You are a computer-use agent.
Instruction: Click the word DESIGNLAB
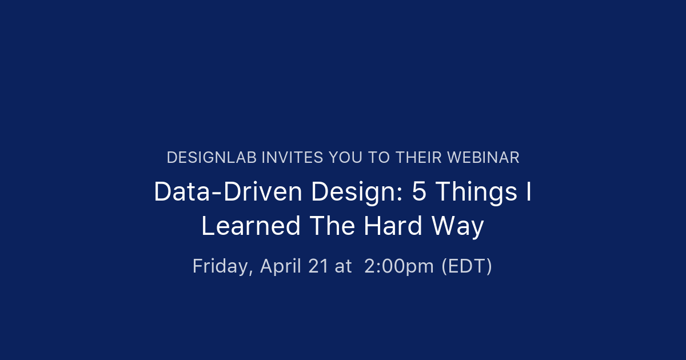[x=212, y=158]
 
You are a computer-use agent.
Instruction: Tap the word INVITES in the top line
[x=292, y=158]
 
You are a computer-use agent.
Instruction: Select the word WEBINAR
[x=483, y=158]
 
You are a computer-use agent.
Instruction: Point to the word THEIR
[x=418, y=158]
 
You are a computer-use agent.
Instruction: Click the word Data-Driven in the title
[x=228, y=191]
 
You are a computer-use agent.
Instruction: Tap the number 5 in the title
[x=419, y=191]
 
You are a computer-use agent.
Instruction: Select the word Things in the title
[x=477, y=194]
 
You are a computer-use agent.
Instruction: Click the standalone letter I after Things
[x=529, y=191]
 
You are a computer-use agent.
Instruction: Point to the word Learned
[x=251, y=226]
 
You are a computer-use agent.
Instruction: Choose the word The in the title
[x=332, y=226]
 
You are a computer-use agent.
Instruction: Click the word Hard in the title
[x=393, y=226]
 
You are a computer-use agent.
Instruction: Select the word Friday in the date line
[x=222, y=266]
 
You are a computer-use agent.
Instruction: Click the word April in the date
[x=281, y=267]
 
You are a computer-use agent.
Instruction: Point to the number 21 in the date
[x=318, y=266]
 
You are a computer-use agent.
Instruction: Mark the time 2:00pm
[x=399, y=267]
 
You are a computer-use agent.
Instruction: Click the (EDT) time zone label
[x=467, y=266]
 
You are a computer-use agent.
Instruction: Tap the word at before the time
[x=344, y=267]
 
